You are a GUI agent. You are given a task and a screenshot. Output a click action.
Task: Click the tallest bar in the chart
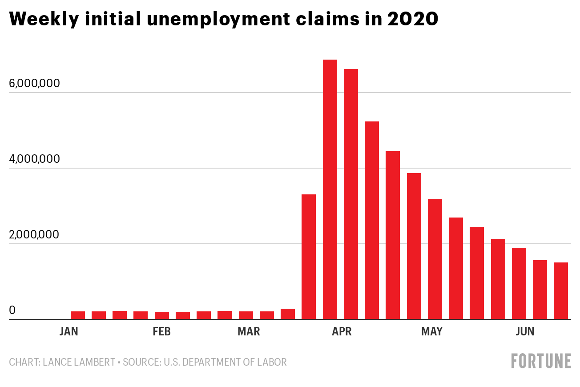pyautogui.click(x=330, y=189)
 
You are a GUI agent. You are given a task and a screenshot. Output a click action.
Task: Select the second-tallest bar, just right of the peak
pyautogui.click(x=351, y=194)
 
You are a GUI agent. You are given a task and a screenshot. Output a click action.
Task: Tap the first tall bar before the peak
pyautogui.click(x=309, y=257)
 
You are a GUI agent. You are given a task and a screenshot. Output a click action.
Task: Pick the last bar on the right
pyautogui.click(x=561, y=290)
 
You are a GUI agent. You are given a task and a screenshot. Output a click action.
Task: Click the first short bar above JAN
pyautogui.click(x=78, y=315)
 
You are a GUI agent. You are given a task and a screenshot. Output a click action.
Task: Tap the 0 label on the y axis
pyautogui.click(x=12, y=310)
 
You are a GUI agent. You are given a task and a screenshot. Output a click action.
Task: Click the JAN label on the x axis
pyautogui.click(x=68, y=332)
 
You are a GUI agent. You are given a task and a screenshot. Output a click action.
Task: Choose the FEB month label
pyautogui.click(x=161, y=332)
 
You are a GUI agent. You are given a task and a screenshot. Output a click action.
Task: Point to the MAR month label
pyautogui.click(x=249, y=332)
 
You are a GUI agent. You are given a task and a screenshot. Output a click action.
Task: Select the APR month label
pyautogui.click(x=342, y=332)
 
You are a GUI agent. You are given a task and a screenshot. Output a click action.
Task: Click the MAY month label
pyautogui.click(x=432, y=332)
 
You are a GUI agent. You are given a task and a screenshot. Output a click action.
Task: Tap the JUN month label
pyautogui.click(x=525, y=332)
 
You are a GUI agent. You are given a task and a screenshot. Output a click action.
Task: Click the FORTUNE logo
pyautogui.click(x=541, y=361)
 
